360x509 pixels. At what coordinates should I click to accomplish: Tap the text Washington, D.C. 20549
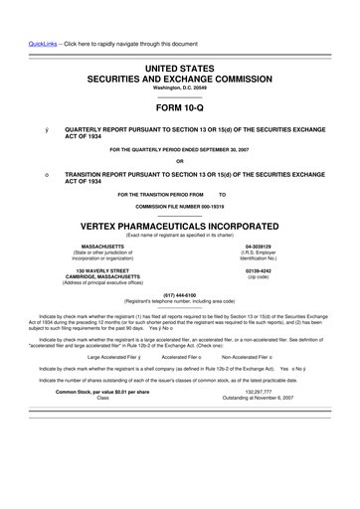tap(180, 87)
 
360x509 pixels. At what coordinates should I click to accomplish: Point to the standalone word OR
tap(180, 162)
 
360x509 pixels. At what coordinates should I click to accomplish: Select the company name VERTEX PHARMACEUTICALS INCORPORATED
tap(180, 225)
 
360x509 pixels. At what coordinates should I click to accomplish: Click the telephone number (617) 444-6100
tap(180, 294)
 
